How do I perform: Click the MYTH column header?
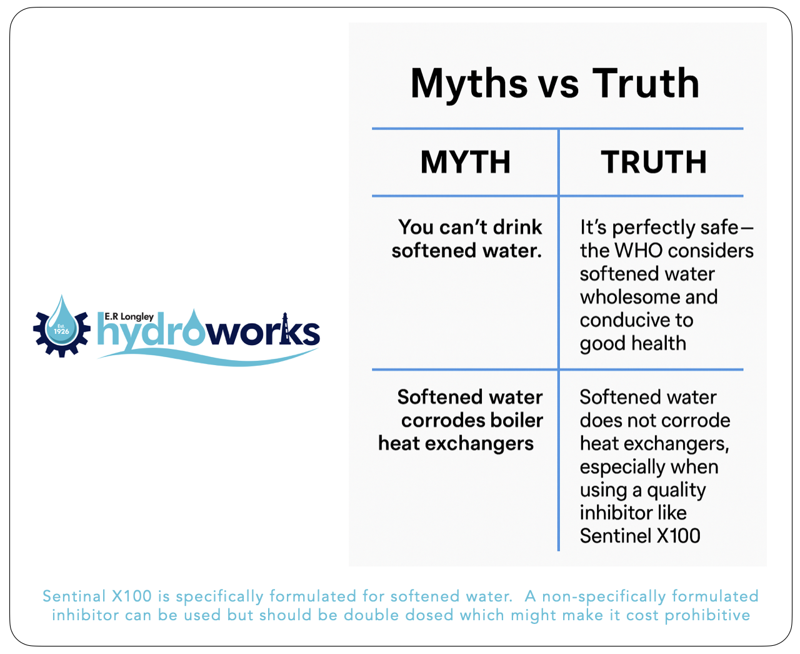[466, 162]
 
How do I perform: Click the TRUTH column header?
[654, 162]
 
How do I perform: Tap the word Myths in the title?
[469, 84]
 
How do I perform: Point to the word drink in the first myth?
[517, 228]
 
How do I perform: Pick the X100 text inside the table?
[678, 536]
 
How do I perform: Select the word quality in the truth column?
[676, 490]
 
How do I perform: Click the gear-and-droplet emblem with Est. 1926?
[62, 327]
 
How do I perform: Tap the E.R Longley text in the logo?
[129, 316]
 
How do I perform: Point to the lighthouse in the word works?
[285, 328]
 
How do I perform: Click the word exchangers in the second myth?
[479, 444]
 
